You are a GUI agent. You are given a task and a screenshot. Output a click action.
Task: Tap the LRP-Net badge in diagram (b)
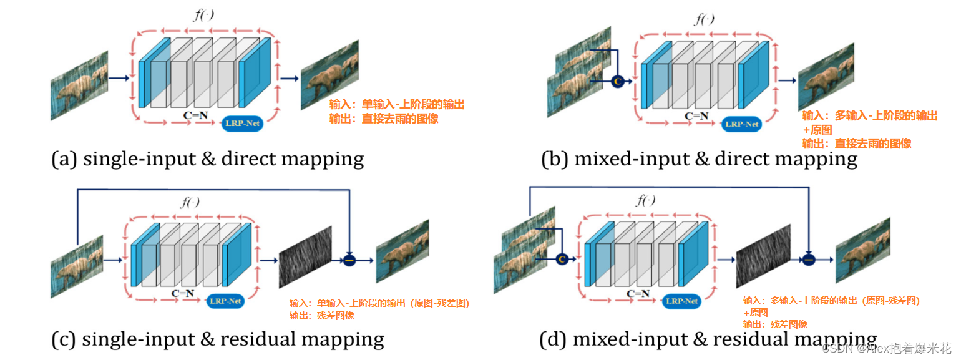click(x=742, y=124)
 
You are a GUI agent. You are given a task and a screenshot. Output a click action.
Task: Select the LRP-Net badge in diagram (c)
click(x=225, y=301)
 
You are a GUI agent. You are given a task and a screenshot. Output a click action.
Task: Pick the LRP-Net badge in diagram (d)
click(x=681, y=301)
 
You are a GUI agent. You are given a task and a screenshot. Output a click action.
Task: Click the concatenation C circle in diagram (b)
click(x=617, y=81)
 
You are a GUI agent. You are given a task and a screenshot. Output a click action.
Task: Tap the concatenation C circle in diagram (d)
click(x=561, y=259)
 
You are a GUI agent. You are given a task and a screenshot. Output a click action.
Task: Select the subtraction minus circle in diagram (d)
click(x=809, y=259)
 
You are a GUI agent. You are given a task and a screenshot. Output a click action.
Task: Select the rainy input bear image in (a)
click(x=79, y=85)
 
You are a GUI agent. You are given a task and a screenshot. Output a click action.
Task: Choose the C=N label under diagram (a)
click(x=195, y=115)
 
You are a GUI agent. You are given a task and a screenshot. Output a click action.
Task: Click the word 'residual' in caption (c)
click(x=258, y=339)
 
